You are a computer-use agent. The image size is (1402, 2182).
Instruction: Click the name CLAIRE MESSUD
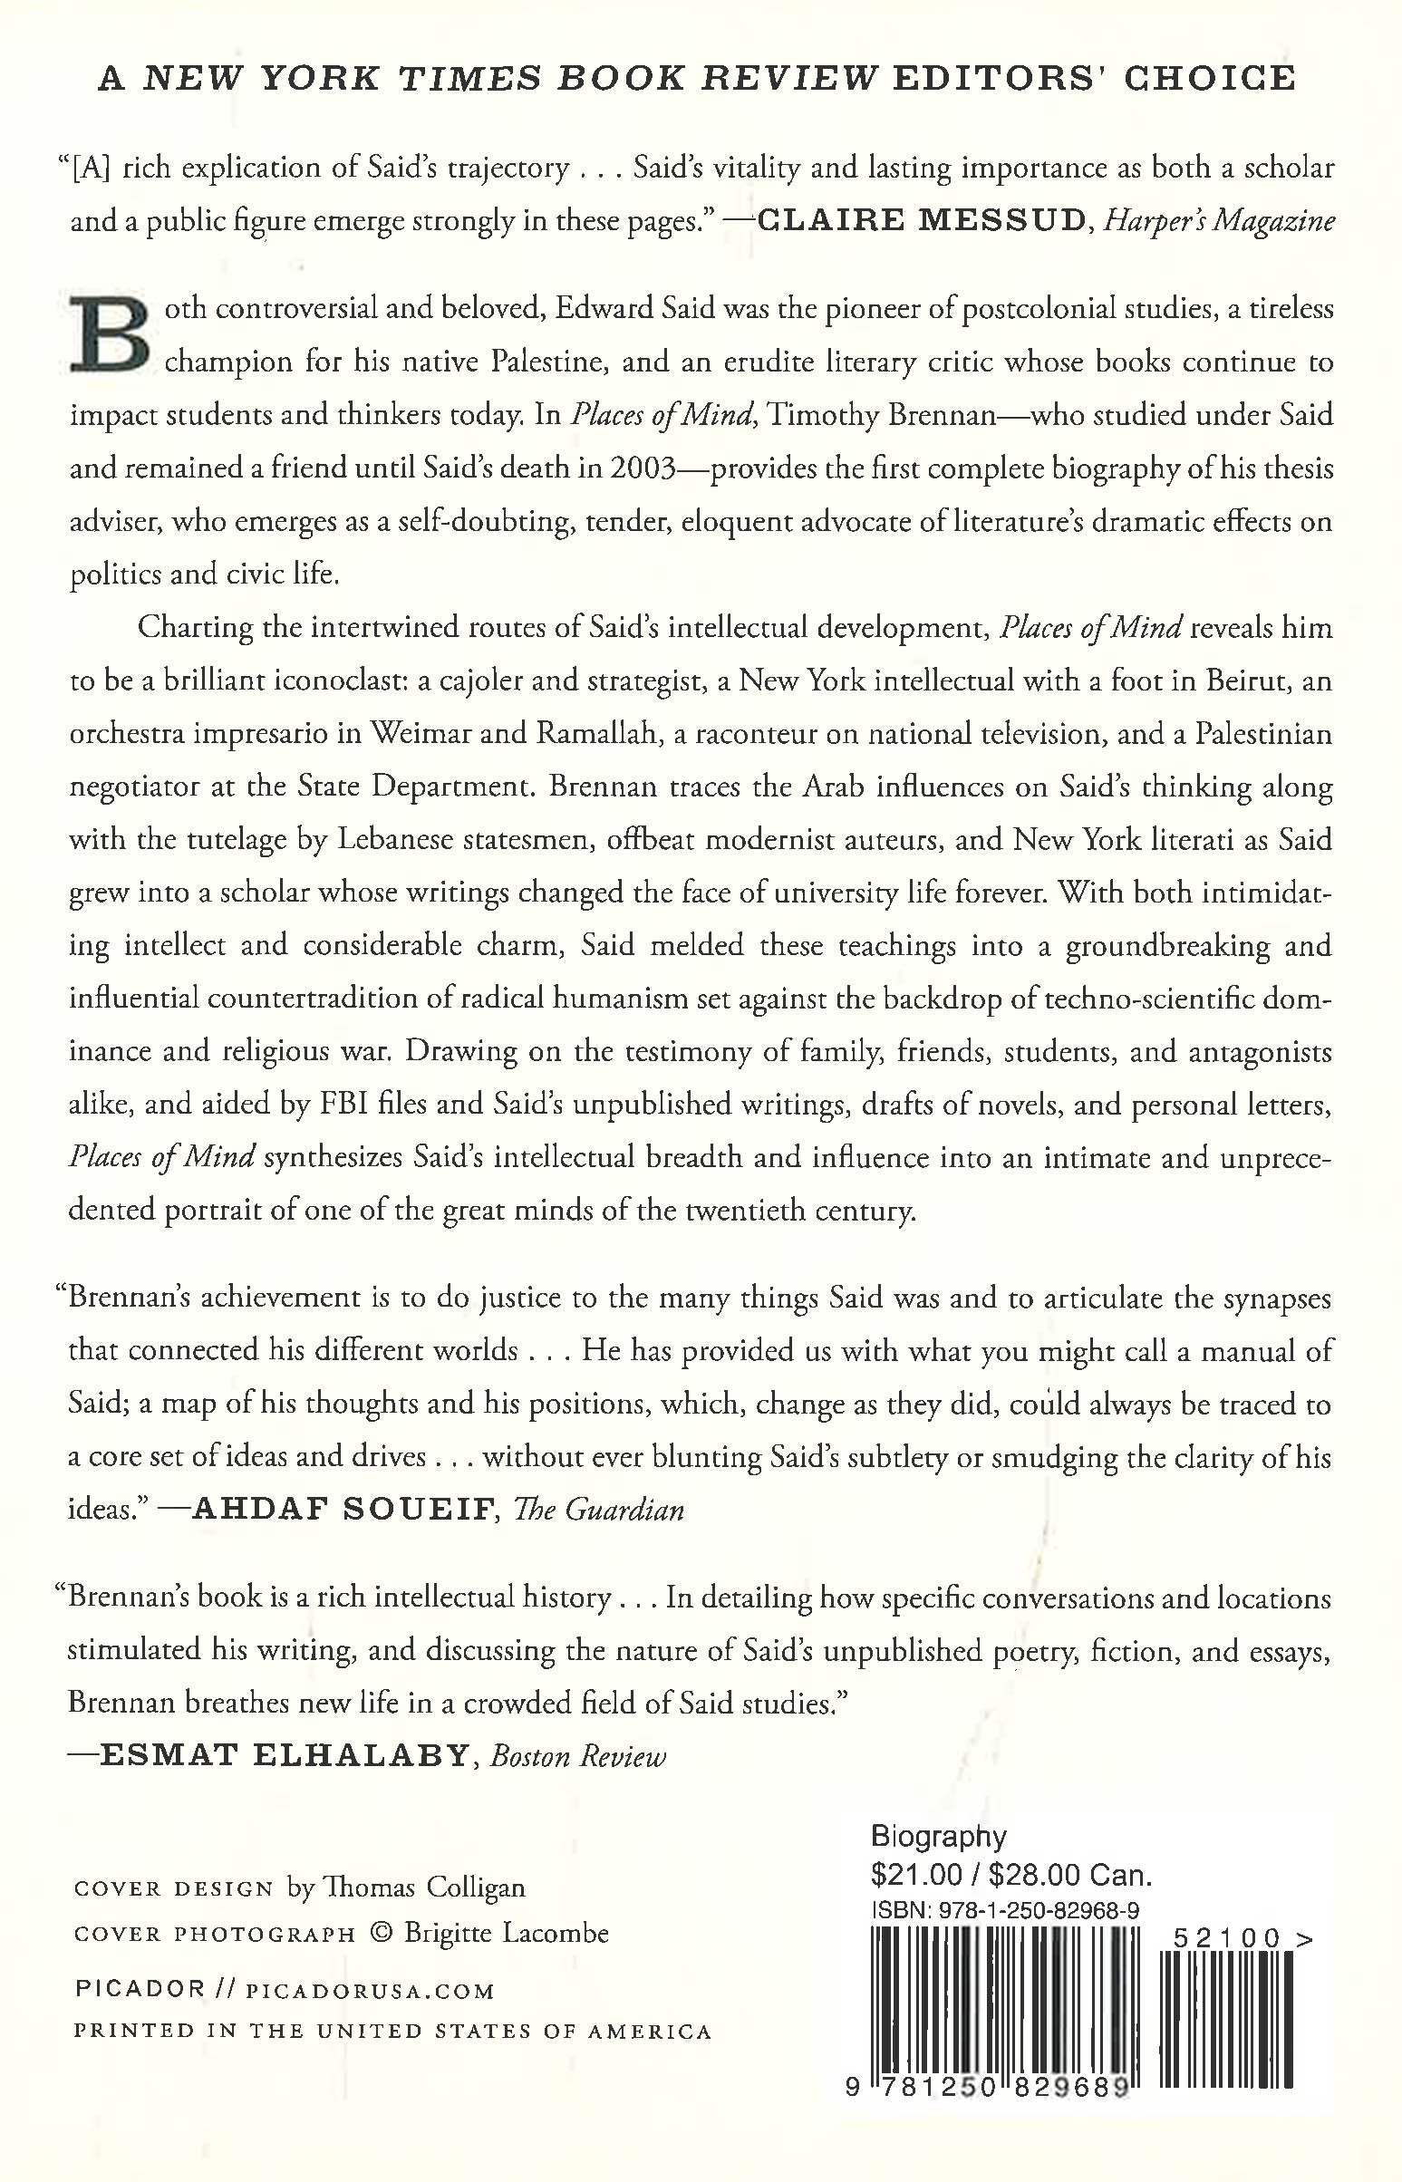923,221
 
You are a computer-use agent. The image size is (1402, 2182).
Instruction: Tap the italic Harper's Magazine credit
1219,221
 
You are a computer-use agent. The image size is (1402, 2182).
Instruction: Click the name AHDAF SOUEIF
345,1511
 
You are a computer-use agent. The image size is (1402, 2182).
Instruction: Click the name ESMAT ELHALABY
283,1756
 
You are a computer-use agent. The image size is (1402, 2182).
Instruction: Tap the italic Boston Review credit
578,1756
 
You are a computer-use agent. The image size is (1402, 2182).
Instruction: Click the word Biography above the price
938,1837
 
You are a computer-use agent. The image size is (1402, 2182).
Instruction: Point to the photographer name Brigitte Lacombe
507,1933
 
